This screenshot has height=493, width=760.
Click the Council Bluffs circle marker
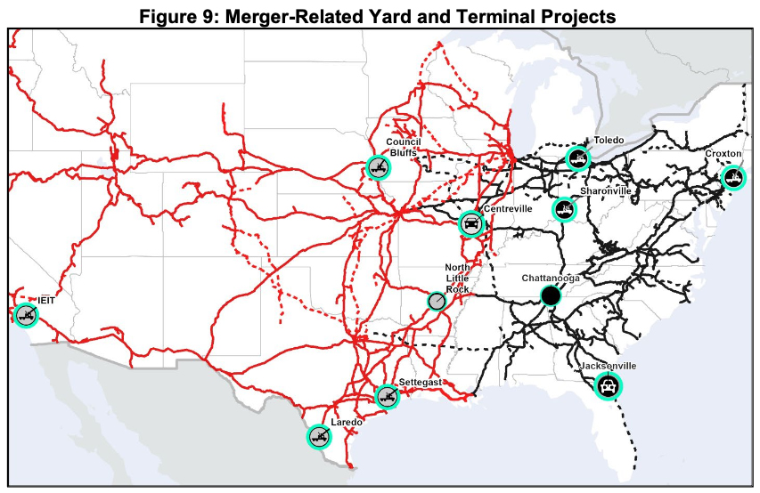378,166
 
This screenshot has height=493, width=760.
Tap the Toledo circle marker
578,158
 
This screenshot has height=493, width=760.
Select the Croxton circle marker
732,178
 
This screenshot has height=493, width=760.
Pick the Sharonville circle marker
564,210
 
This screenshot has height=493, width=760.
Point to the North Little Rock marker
436,302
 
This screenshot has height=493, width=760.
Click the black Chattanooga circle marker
551,295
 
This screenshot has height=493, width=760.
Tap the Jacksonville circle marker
608,385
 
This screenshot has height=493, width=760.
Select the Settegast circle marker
388,396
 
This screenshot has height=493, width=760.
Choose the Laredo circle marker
319,436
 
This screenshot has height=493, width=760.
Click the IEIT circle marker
26,314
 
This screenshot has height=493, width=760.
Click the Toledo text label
609,141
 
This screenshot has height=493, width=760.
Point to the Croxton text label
723,153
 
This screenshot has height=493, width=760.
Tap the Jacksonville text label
608,366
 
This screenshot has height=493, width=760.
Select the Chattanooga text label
551,278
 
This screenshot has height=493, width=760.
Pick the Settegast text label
415,382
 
